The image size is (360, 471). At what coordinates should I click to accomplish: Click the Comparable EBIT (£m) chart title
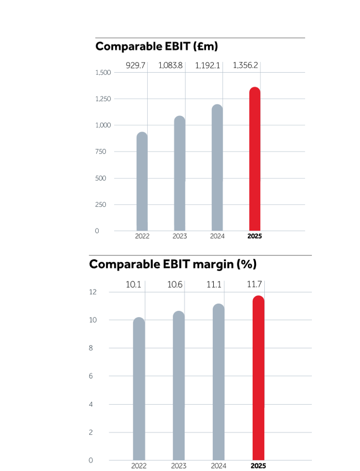pyautogui.click(x=157, y=47)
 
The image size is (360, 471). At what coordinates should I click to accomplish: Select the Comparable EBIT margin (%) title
pyautogui.click(x=173, y=264)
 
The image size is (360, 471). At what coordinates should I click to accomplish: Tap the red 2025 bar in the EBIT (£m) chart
pyautogui.click(x=255, y=159)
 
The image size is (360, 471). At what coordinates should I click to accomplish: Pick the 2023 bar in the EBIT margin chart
pyautogui.click(x=179, y=385)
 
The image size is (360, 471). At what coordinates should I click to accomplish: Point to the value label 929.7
pyautogui.click(x=135, y=65)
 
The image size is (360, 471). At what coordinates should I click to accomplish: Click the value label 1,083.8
pyautogui.click(x=170, y=65)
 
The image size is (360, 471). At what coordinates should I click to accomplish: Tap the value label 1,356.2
pyautogui.click(x=245, y=65)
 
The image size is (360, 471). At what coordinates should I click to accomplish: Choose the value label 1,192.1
pyautogui.click(x=207, y=65)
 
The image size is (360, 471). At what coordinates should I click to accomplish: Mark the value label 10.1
pyautogui.click(x=133, y=285)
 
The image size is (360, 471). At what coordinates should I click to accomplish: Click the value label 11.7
pyautogui.click(x=255, y=285)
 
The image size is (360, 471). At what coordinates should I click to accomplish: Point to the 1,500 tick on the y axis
pyautogui.click(x=103, y=73)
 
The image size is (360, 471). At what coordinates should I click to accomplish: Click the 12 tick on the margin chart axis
pyautogui.click(x=93, y=292)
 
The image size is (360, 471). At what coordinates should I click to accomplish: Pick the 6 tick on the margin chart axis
pyautogui.click(x=91, y=376)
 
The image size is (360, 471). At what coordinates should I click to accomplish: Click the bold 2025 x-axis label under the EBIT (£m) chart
pyautogui.click(x=255, y=237)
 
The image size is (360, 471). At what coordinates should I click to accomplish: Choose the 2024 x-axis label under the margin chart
pyautogui.click(x=219, y=466)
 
